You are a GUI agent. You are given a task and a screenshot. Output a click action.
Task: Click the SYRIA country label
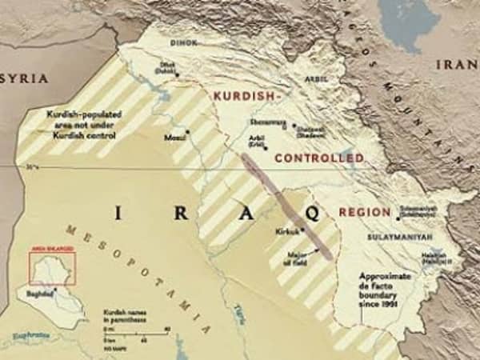[25, 78]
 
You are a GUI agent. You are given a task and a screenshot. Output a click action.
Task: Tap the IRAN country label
[456, 65]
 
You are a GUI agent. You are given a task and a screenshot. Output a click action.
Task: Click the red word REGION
[364, 212]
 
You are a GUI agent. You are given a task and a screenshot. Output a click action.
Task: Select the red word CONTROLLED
[318, 158]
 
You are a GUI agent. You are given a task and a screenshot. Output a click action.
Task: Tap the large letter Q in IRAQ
[312, 214]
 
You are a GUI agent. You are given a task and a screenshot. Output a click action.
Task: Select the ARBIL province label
[318, 79]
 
